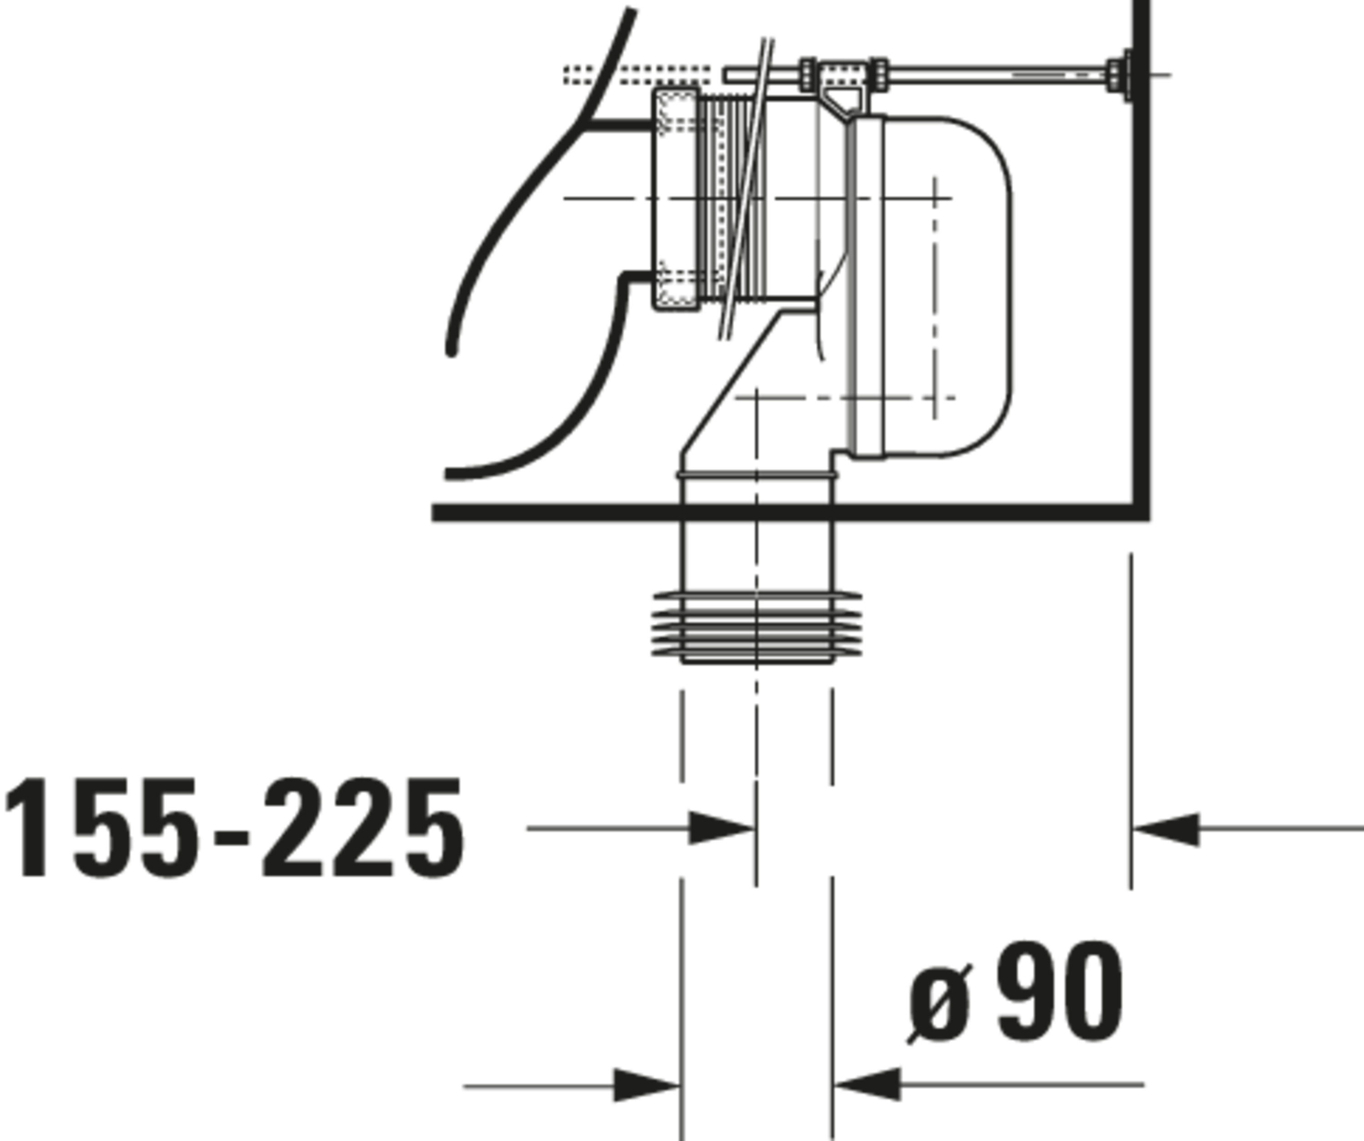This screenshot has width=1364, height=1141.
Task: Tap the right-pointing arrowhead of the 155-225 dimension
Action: coord(722,828)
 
